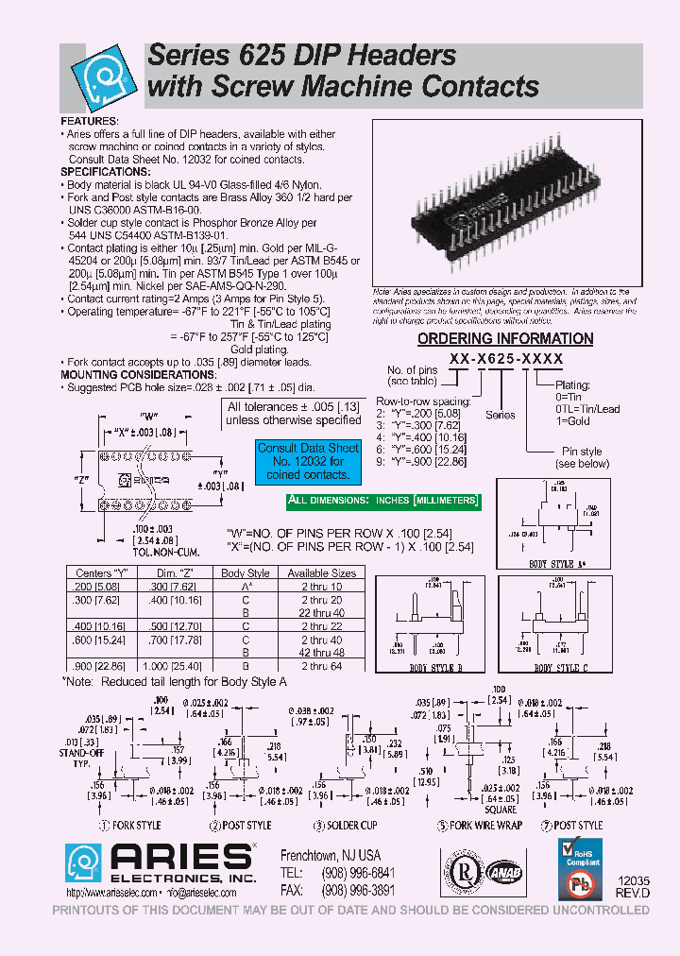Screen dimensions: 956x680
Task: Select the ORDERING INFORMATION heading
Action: pos(505,338)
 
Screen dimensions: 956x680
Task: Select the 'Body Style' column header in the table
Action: pos(246,572)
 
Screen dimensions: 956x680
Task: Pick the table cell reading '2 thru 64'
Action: pos(321,665)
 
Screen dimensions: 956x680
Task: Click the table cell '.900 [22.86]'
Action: pos(94,665)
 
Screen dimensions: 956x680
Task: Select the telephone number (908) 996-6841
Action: pos(349,873)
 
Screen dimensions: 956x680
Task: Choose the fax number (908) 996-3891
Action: pos(349,892)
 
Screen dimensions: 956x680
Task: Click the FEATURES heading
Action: pos(90,122)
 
